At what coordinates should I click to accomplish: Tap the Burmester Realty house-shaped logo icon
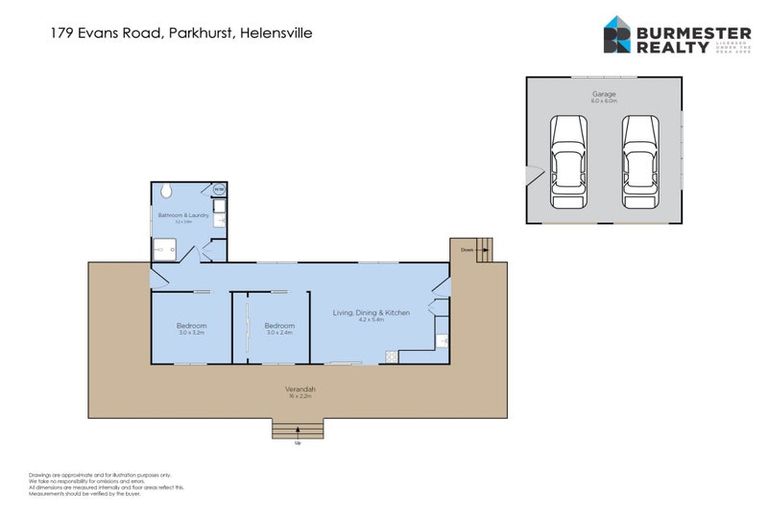(616, 35)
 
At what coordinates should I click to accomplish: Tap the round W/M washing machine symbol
(220, 189)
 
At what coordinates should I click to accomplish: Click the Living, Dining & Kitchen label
(371, 313)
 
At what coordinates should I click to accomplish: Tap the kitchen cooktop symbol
(391, 356)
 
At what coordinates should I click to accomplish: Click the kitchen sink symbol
(441, 341)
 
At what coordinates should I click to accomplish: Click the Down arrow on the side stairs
(468, 250)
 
